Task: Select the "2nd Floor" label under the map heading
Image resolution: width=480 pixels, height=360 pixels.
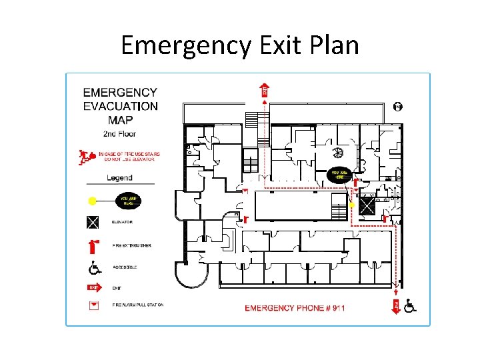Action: pos(119,134)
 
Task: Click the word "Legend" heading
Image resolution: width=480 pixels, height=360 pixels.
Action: pos(119,178)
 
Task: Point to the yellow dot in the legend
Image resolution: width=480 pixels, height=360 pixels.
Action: pos(92,200)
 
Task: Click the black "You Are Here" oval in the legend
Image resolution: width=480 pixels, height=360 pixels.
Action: pos(127,200)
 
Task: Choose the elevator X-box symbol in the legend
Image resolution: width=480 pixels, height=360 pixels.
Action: pos(93,222)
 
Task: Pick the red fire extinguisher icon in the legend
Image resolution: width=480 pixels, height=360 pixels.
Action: pos(94,246)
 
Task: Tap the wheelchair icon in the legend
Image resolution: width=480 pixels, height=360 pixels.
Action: pos(94,268)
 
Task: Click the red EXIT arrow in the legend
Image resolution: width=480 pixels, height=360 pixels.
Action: pos(95,288)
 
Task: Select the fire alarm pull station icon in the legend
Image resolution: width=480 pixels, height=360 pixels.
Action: pos(94,305)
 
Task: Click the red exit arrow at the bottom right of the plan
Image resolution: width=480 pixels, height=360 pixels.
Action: pos(396,305)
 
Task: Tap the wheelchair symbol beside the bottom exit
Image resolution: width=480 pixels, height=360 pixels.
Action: pos(410,306)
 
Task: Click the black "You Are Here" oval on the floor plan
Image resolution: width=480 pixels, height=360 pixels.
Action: pos(340,175)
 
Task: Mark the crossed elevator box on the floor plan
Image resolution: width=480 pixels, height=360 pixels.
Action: pos(367,205)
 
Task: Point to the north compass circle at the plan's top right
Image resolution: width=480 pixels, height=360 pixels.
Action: pos(398,106)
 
